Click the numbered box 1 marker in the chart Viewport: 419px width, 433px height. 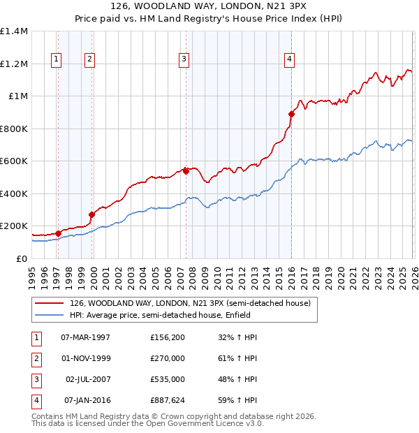(56, 59)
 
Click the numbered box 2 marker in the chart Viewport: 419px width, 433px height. (90, 59)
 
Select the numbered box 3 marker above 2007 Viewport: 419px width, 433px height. (184, 59)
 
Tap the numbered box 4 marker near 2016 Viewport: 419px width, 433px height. (288, 59)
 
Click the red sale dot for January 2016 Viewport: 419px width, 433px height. (291, 115)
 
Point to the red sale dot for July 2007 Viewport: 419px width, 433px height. (186, 171)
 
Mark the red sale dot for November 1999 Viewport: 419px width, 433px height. (91, 214)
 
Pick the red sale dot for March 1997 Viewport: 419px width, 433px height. (59, 233)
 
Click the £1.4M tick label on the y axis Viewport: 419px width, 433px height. (14, 31)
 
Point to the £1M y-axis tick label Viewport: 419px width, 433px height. (17, 96)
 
